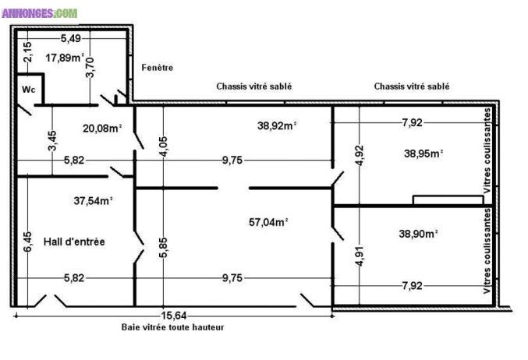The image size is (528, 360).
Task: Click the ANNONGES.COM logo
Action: (40, 13)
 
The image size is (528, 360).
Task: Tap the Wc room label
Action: (28, 90)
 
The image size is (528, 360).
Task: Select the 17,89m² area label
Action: (64, 58)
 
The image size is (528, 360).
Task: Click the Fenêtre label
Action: (158, 68)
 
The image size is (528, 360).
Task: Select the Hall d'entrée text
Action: (74, 242)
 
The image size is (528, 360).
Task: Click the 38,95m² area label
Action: (423, 154)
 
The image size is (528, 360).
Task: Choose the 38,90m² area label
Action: (418, 233)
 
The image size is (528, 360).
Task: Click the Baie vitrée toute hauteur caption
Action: (172, 328)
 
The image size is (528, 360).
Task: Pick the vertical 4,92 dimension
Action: (360, 156)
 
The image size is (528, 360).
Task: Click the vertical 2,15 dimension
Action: (27, 52)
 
